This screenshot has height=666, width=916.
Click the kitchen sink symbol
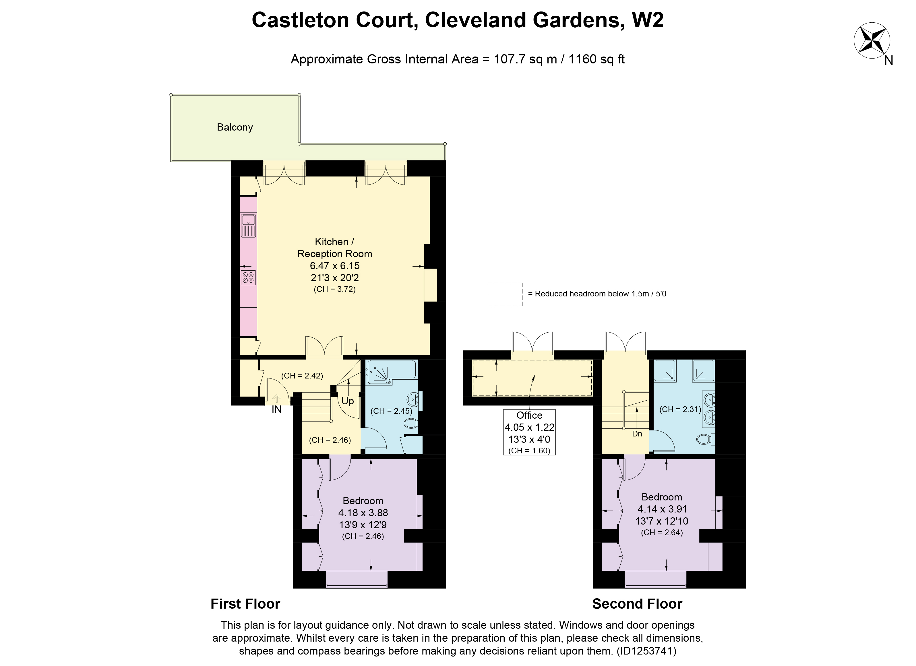(248, 226)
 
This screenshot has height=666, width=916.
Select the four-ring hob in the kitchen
(248, 277)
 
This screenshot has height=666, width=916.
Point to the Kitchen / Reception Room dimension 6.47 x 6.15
(334, 266)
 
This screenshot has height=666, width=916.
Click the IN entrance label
(276, 409)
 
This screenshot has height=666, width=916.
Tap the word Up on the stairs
(347, 401)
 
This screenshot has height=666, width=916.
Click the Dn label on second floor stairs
(637, 434)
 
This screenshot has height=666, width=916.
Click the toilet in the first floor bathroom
(411, 424)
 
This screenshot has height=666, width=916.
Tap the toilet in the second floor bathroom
(706, 439)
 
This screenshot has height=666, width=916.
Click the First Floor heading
(245, 604)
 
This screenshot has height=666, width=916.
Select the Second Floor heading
(637, 604)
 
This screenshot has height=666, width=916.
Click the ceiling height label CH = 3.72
(334, 290)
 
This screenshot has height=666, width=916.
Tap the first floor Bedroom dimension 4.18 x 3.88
(363, 512)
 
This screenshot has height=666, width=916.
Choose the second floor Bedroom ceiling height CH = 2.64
(662, 532)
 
